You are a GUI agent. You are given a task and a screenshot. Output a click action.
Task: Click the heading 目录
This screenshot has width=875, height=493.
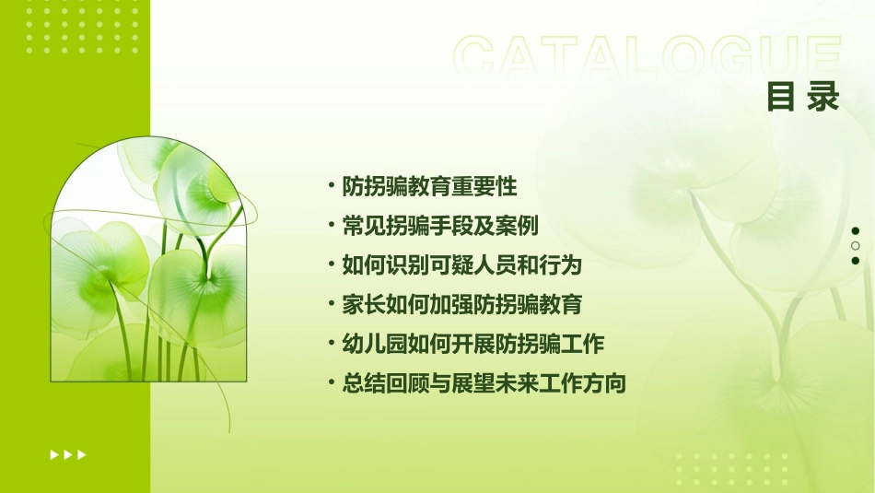pos(803,97)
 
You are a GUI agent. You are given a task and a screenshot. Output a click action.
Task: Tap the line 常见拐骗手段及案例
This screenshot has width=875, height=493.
pos(440,226)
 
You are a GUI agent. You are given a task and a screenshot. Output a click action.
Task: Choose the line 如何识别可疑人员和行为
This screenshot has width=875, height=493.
pos(462,265)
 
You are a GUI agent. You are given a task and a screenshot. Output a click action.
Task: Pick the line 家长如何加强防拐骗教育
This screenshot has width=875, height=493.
pos(462,305)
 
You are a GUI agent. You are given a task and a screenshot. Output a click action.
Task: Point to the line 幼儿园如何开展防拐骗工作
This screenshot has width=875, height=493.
pos(472,345)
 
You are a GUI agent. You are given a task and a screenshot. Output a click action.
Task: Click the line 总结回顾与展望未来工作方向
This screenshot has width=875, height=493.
pos(484,384)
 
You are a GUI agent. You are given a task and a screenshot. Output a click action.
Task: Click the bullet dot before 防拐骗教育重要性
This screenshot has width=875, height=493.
pos(332,185)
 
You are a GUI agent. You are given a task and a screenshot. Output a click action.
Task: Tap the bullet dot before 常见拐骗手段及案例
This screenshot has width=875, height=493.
pos(332,225)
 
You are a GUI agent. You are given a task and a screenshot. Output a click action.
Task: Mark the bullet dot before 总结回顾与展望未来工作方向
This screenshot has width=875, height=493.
pos(332,383)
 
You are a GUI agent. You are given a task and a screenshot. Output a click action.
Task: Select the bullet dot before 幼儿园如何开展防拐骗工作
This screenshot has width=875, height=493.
pos(332,344)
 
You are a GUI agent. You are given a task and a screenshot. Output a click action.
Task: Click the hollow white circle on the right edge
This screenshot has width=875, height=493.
pos(856,246)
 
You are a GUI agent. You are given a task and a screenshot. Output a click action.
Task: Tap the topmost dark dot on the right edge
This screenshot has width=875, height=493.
pos(856,231)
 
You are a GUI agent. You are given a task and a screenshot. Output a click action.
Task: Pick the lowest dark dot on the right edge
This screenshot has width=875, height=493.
pos(856,261)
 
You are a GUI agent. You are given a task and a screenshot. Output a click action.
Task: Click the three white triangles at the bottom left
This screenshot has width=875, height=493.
pos(68,454)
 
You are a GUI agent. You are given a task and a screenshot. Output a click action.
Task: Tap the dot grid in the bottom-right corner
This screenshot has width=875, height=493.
pos(731,469)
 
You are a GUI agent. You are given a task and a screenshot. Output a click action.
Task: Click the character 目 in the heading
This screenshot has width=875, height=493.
pos(781,97)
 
